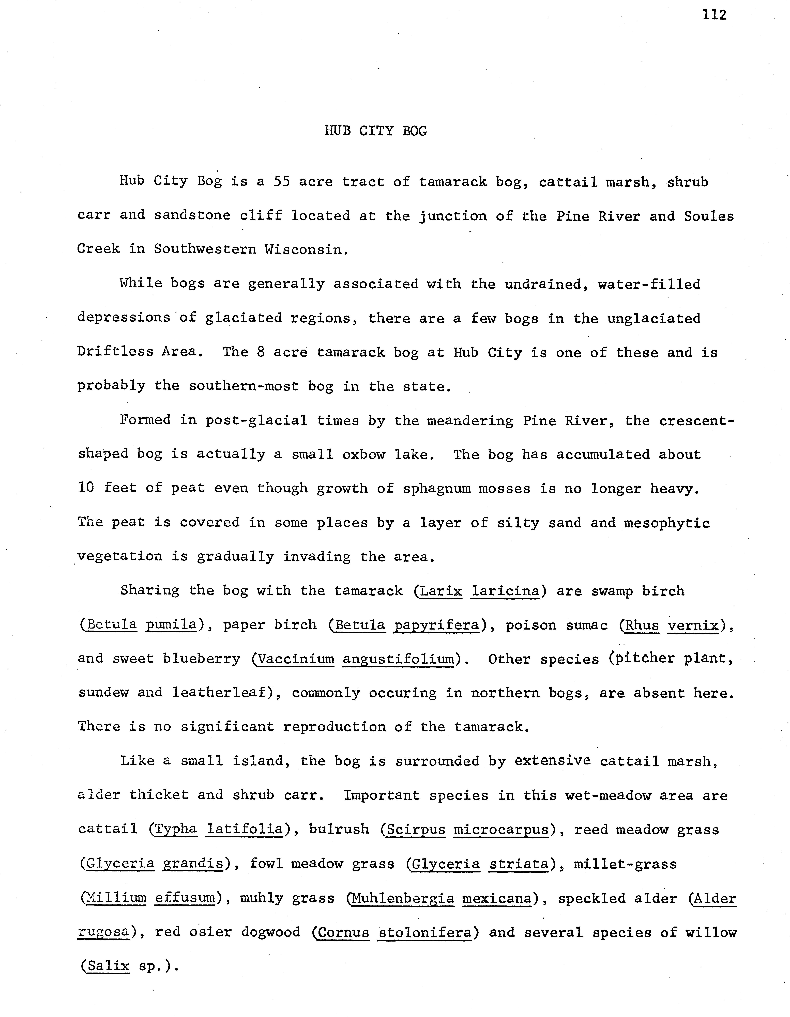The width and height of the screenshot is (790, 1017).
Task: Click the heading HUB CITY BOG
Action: (375, 131)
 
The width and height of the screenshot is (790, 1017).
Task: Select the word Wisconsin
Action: (306, 250)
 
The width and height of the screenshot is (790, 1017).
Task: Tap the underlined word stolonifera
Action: (424, 932)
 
